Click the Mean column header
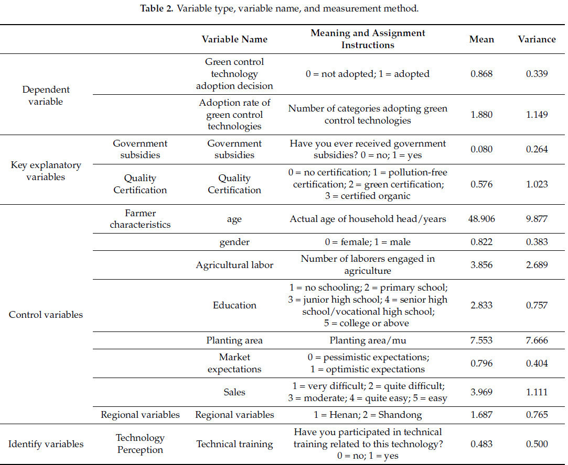point(481,39)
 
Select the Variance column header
point(537,39)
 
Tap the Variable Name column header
point(234,39)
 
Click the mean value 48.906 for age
point(481,219)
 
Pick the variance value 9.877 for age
point(537,219)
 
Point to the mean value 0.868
point(481,74)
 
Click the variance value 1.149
point(537,114)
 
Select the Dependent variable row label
point(46,95)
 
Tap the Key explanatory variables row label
point(46,171)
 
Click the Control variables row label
point(46,315)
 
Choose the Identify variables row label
point(46,444)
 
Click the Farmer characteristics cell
point(140,219)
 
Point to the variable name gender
point(234,242)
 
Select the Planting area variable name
point(234,340)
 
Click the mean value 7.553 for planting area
point(481,340)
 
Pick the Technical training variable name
point(234,444)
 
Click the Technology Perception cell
point(140,444)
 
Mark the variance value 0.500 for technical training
point(537,444)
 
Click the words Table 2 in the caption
point(156,9)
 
